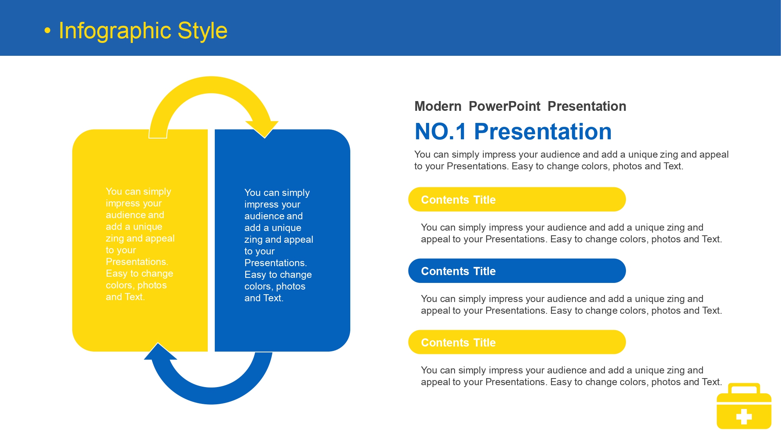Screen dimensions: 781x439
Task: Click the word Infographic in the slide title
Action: click(x=115, y=31)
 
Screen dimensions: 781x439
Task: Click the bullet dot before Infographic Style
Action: click(x=47, y=30)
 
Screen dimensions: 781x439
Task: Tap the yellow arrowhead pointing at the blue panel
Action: click(x=262, y=129)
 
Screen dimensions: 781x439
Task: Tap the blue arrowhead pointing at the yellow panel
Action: click(x=160, y=352)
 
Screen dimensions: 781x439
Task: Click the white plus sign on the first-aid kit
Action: click(x=744, y=416)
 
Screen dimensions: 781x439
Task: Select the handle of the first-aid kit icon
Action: click(x=744, y=388)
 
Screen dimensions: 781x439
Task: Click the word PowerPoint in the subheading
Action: click(x=505, y=106)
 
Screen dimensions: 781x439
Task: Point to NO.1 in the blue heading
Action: click(x=440, y=132)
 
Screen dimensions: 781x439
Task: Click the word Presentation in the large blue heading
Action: click(x=543, y=132)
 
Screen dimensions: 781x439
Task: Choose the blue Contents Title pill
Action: click(x=517, y=271)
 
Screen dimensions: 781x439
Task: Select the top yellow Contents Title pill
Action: click(x=517, y=199)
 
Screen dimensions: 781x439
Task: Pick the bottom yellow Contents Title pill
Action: click(x=517, y=342)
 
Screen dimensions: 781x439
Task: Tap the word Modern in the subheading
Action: click(x=438, y=106)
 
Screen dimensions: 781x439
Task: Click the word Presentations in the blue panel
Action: click(x=276, y=263)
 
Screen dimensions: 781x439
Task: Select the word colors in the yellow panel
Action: click(x=120, y=286)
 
